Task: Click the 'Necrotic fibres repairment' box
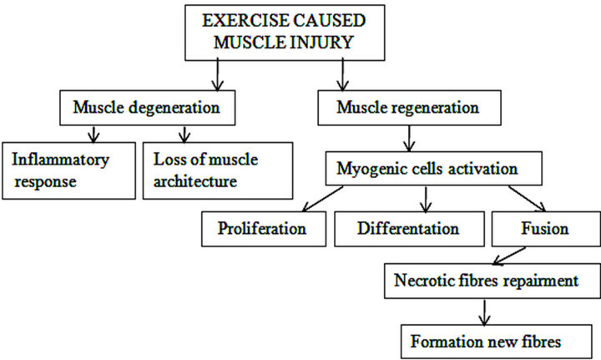487,281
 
